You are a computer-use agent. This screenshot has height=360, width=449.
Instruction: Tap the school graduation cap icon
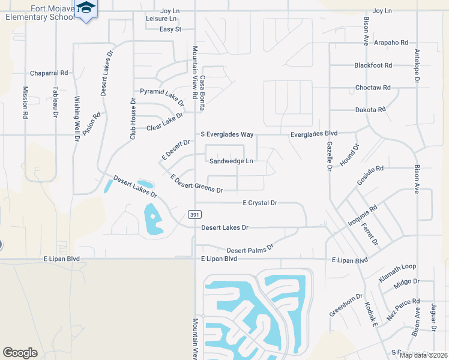[86, 7]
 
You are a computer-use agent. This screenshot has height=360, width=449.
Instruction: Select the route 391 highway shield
[194, 214]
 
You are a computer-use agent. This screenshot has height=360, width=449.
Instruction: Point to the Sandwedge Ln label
[231, 161]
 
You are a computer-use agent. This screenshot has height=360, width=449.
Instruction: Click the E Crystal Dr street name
[259, 203]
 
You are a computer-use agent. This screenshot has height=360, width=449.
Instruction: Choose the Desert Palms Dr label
[250, 247]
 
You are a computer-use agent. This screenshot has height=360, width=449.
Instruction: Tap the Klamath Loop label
[397, 273]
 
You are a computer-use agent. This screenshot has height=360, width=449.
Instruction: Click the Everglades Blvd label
[314, 134]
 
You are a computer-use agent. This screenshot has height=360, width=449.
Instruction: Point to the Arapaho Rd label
[391, 43]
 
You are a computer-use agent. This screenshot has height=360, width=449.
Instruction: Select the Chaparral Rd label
[49, 73]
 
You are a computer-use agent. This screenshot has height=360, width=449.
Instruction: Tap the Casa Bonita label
[203, 93]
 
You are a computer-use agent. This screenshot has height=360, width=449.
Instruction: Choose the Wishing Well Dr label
[77, 118]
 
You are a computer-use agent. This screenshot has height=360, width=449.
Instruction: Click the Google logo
[20, 353]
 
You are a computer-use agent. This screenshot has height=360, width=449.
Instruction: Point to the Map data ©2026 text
[423, 355]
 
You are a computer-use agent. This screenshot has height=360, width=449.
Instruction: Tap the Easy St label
[170, 29]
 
